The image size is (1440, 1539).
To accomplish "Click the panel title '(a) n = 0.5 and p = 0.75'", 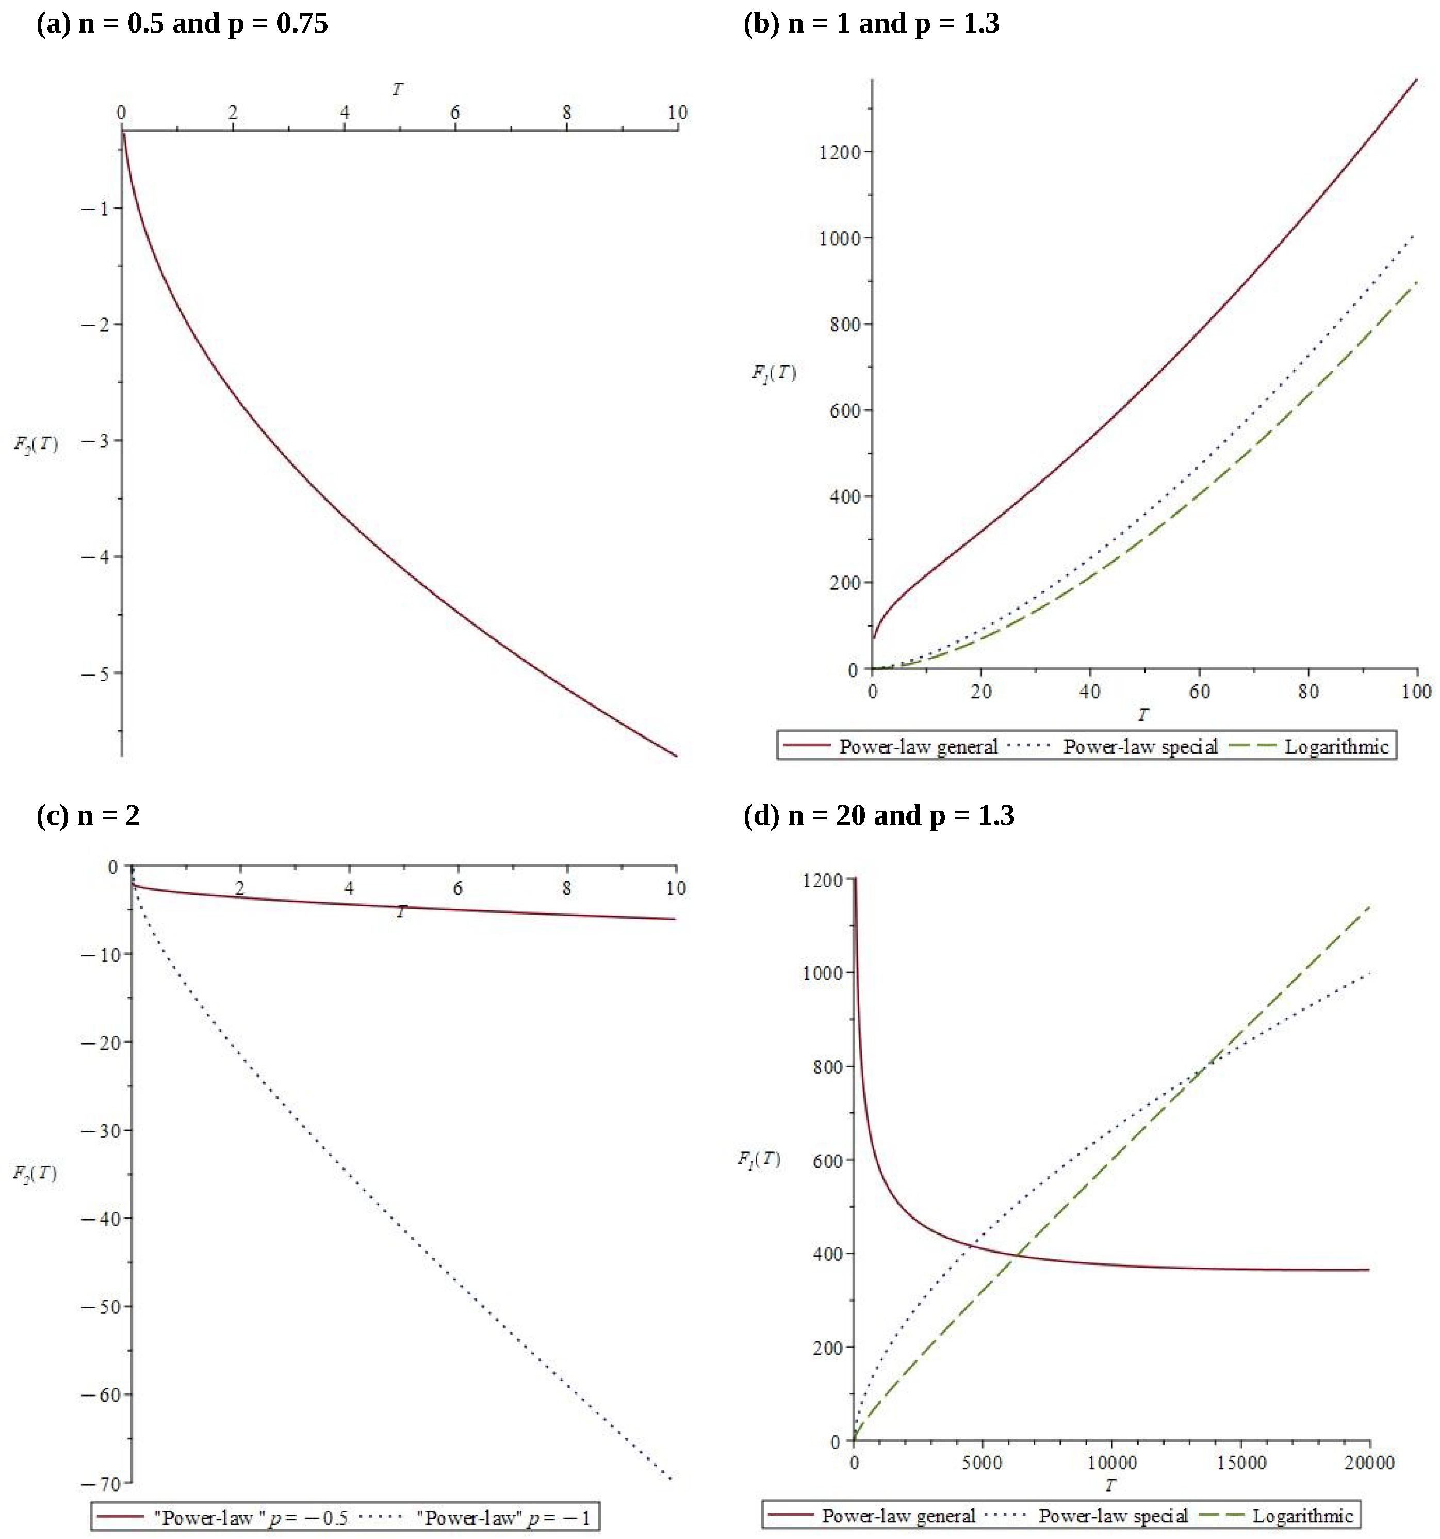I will [182, 23].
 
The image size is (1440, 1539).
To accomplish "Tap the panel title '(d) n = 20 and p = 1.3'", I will [878, 815].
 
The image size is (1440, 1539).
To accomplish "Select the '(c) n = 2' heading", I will [88, 815].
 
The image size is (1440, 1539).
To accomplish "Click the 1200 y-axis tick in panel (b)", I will [840, 152].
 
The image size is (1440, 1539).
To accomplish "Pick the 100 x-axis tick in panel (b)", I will [1416, 692].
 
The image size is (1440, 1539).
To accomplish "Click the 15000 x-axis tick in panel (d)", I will [1240, 1463].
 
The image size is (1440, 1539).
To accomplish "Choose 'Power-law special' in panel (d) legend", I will [1112, 1516].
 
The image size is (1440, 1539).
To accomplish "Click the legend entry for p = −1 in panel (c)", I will [503, 1517].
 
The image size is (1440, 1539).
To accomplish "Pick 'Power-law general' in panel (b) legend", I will [918, 746].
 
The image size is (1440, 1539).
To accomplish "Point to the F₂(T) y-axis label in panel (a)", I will [36, 444].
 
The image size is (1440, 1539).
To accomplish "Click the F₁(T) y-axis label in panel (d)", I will [758, 1159].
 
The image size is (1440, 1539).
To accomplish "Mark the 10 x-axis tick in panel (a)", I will [677, 113].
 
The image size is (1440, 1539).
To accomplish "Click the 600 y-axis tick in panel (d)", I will [827, 1160].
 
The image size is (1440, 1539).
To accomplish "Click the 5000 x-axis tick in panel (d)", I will [982, 1463].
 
